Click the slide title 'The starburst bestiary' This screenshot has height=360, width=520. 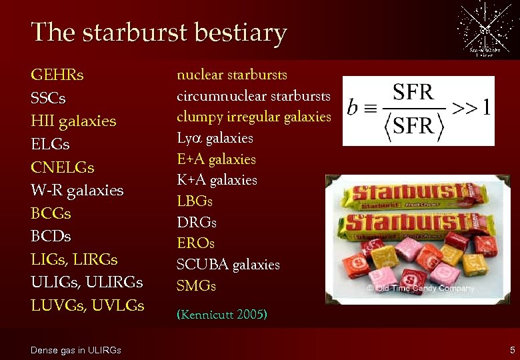pyautogui.click(x=159, y=32)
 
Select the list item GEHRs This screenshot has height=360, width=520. pyautogui.click(x=57, y=75)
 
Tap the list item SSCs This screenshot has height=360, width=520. pyautogui.click(x=48, y=99)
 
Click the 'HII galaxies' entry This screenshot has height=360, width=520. pyautogui.click(x=73, y=121)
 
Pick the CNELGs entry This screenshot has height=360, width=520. pyautogui.click(x=63, y=167)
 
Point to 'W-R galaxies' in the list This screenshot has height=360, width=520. pyautogui.click(x=77, y=191)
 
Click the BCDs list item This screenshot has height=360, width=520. pyautogui.click(x=51, y=237)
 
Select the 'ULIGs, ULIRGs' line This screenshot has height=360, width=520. pyautogui.click(x=87, y=283)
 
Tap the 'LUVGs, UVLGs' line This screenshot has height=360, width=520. pyautogui.click(x=87, y=305)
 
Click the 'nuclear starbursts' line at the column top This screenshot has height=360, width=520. pyautogui.click(x=232, y=74)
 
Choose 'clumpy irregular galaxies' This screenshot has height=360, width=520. pyautogui.click(x=253, y=117)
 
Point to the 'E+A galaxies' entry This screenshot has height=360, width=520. pyautogui.click(x=216, y=159)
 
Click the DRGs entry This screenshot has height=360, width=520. pyautogui.click(x=197, y=222)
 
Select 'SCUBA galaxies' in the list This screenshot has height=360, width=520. pyautogui.click(x=228, y=265)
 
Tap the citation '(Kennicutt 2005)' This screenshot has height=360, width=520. pyautogui.click(x=222, y=314)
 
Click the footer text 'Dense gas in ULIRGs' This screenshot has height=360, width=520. pyautogui.click(x=76, y=350)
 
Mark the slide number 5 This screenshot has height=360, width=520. pyautogui.click(x=512, y=350)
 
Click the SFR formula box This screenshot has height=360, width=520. pyautogui.click(x=419, y=110)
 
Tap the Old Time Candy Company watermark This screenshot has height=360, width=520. pyautogui.click(x=420, y=288)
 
